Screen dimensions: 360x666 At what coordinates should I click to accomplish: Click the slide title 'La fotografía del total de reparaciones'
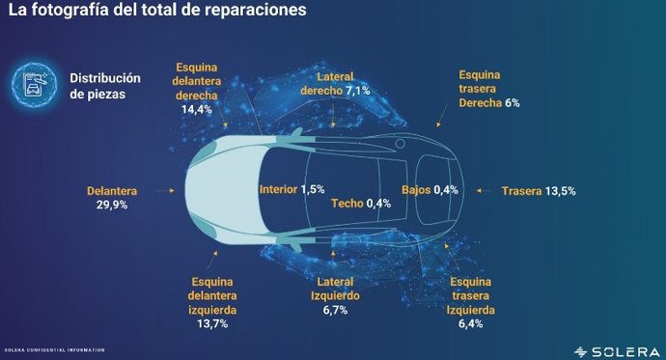157,13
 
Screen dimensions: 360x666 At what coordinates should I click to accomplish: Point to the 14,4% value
198,110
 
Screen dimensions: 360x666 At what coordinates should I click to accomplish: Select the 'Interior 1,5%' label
291,189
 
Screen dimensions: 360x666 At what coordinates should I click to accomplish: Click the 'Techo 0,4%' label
361,204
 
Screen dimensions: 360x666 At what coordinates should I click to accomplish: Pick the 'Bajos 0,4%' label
430,189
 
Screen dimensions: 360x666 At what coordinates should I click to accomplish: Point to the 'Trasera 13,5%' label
539,191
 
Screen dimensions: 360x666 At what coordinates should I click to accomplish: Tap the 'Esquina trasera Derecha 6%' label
489,88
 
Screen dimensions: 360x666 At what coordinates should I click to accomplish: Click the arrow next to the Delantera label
171,191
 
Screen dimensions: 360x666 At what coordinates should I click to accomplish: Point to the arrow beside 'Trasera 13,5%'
485,191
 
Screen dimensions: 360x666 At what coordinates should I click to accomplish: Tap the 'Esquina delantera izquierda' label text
211,296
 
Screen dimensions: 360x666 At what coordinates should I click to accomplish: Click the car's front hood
217,191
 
